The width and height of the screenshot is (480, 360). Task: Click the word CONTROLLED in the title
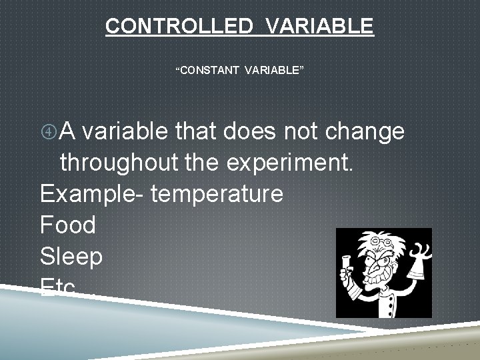[x=178, y=26]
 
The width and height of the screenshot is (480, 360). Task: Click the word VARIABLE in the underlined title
[x=319, y=26]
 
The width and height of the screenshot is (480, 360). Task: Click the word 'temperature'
[x=217, y=195]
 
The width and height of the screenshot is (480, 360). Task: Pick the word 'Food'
[x=68, y=225]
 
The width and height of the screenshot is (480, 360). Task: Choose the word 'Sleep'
[x=71, y=257]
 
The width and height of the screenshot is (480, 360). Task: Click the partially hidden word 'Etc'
[x=58, y=285]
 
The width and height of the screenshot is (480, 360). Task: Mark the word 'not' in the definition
[x=305, y=132]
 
